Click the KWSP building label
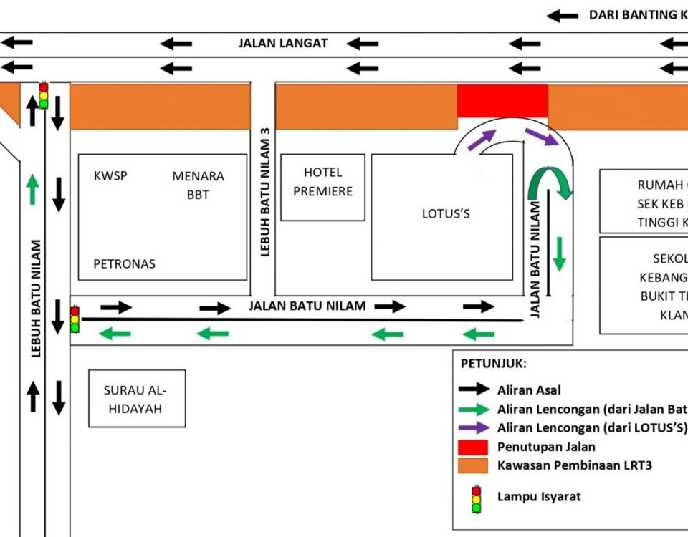110,175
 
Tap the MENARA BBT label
198,185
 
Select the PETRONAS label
124,263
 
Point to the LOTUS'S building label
446,213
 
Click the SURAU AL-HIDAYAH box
137,399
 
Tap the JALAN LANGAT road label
283,43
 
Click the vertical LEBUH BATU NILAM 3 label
264,192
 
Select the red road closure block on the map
502,100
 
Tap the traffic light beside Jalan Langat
44,95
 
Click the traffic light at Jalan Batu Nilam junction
75,319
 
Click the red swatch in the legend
474,447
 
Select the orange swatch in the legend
474,465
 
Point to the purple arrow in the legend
474,428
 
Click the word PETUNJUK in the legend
493,364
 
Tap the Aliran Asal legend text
529,390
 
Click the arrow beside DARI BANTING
563,15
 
